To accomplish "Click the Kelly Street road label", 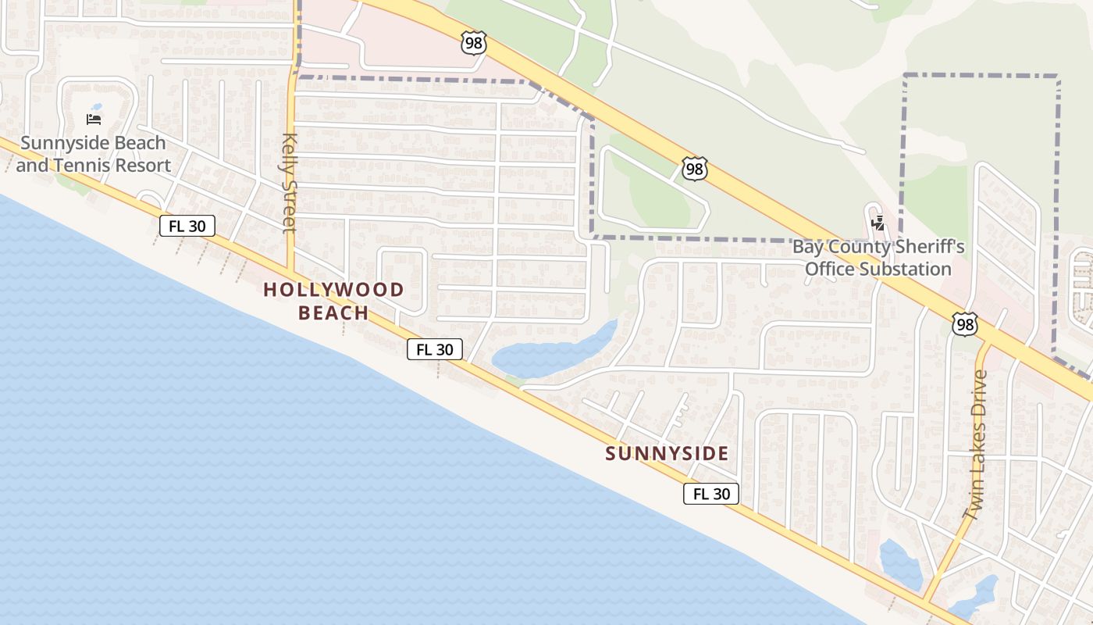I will [290, 182].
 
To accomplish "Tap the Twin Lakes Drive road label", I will [975, 444].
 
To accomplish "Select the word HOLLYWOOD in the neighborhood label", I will [333, 290].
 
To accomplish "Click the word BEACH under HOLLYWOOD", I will [333, 313].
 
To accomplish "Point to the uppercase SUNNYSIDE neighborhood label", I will [667, 453].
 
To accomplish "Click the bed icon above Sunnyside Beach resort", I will [94, 120].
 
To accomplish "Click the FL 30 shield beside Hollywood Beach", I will [435, 349].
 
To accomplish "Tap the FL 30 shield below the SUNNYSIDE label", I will [711, 494].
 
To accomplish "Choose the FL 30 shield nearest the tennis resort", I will [187, 227].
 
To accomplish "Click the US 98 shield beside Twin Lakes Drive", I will [965, 324].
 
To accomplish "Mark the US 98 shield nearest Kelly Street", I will [474, 43].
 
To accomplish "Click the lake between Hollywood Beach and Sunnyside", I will [546, 355].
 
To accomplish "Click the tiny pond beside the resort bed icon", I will [96, 107].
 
